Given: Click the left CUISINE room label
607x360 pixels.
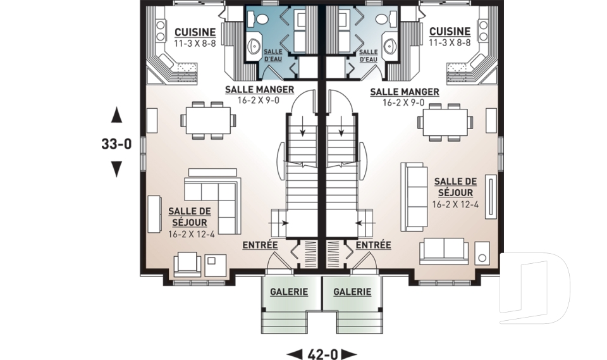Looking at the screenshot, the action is [x=195, y=32].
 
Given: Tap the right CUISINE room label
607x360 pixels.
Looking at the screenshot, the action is [x=450, y=32].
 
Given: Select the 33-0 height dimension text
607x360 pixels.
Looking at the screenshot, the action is [x=116, y=144].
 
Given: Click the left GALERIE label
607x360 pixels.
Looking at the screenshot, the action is [x=289, y=292].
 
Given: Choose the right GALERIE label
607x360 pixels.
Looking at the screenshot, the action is [x=352, y=292].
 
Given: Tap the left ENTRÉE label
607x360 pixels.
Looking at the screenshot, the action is [x=260, y=245].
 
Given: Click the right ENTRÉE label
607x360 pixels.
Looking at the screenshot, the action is [x=373, y=245].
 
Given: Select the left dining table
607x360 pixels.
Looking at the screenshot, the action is [x=208, y=120].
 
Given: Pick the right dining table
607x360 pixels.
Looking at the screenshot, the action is [x=445, y=121].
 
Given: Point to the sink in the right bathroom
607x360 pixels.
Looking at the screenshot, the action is [x=389, y=46].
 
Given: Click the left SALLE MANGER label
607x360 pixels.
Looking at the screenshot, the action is [x=259, y=89].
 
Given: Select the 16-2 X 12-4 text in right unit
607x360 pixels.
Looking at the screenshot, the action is [x=455, y=204].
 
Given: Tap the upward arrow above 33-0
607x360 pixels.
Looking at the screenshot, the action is [x=116, y=115].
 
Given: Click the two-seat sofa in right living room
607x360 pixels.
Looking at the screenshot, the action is [x=444, y=251].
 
